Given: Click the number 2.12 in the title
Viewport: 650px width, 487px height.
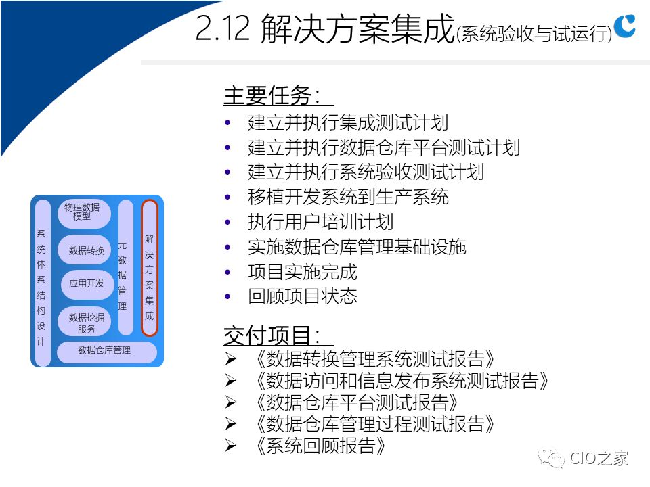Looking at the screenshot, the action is [x=223, y=28].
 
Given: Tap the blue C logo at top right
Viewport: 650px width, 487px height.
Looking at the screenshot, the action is [x=625, y=26].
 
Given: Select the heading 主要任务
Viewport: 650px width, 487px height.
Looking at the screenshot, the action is [x=272, y=95].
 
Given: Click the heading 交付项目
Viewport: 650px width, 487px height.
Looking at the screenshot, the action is [x=272, y=335].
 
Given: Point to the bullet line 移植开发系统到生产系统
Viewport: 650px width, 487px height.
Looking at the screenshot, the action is [x=348, y=197].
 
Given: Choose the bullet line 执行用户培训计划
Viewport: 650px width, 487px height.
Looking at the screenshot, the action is [x=320, y=222].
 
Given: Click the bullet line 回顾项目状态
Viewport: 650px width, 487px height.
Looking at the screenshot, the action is [x=303, y=296].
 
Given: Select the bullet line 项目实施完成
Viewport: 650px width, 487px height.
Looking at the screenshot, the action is [x=303, y=272].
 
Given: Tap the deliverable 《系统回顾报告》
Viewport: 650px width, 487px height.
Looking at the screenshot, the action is [x=321, y=446].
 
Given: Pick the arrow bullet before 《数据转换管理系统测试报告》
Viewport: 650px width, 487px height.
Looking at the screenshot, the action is [x=230, y=358].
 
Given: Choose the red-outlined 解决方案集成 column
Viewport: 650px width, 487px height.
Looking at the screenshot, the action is [x=150, y=268].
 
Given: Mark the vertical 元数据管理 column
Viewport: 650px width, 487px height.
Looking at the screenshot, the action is [x=126, y=268].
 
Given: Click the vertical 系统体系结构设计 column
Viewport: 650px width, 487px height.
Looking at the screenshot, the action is [x=42, y=283].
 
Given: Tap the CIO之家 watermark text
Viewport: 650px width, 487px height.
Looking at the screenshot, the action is [x=599, y=459].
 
